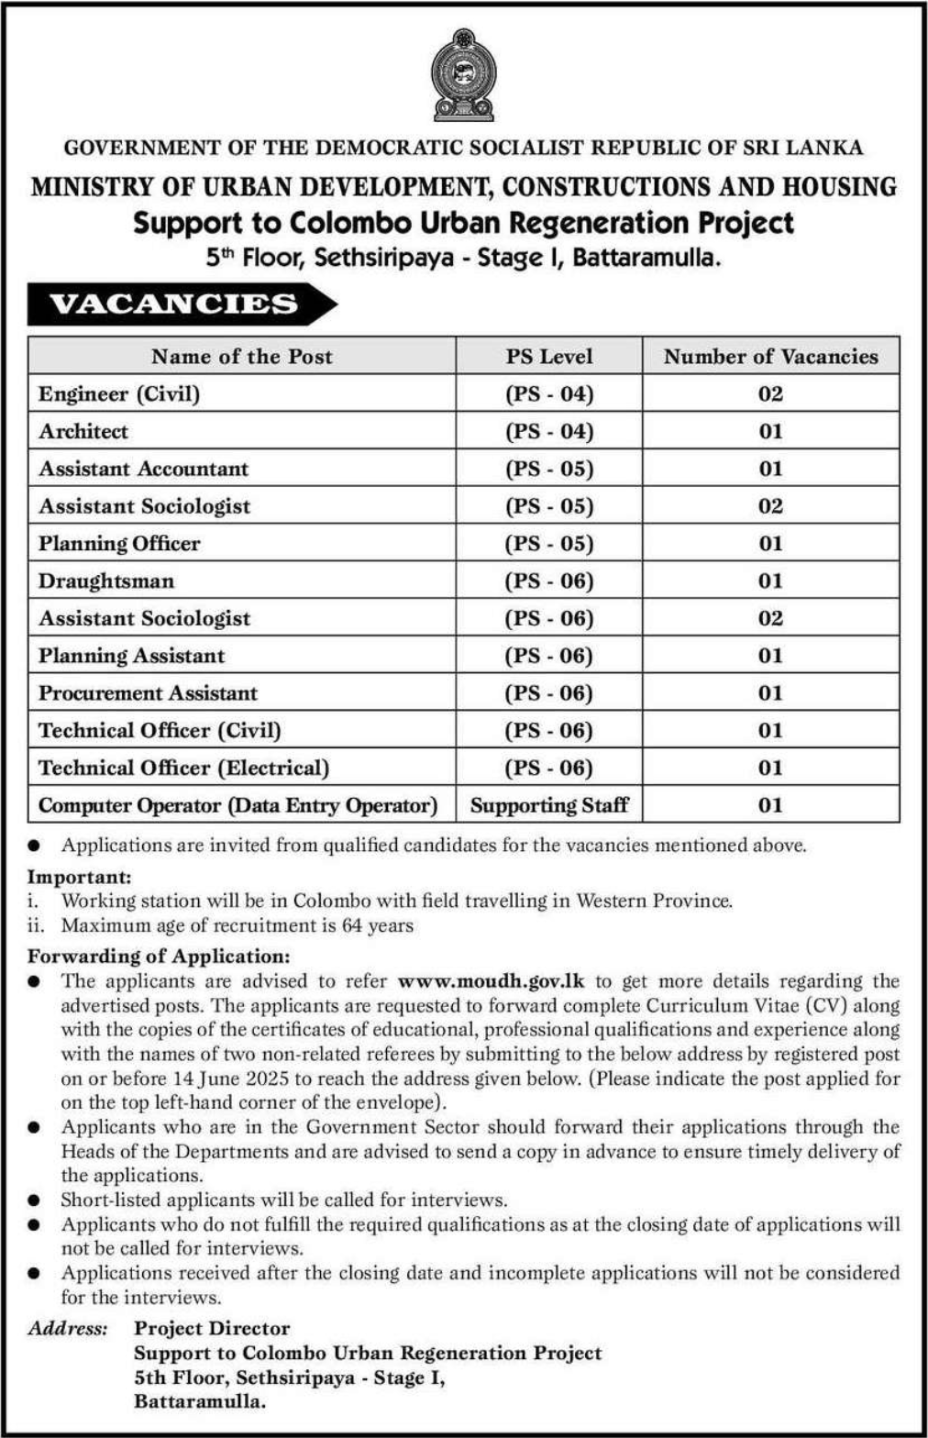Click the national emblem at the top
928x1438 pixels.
pyautogui.click(x=463, y=75)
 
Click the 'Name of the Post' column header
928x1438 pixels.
pyautogui.click(x=242, y=357)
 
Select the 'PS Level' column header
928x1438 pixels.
pyautogui.click(x=549, y=357)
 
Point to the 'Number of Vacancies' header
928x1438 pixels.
pyautogui.click(x=770, y=357)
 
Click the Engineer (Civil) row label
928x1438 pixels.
pyautogui.click(x=119, y=394)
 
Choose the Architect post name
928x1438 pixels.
pyautogui.click(x=83, y=432)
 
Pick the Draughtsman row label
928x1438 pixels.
pyautogui.click(x=106, y=581)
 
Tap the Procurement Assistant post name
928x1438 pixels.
pyautogui.click(x=148, y=693)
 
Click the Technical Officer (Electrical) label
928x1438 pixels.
pyautogui.click(x=183, y=769)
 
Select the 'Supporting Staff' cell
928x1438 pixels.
pyautogui.click(x=549, y=806)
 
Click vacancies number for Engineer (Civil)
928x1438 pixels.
pyautogui.click(x=770, y=394)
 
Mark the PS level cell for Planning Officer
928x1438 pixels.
pyautogui.click(x=549, y=544)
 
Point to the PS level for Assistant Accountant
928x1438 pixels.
pyautogui.click(x=549, y=470)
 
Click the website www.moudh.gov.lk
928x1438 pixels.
pyautogui.click(x=492, y=981)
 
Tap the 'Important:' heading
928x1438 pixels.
pyautogui.click(x=80, y=877)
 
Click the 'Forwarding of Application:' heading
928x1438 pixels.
pyautogui.click(x=159, y=957)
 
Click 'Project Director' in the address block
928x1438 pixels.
pyautogui.click(x=212, y=1329)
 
